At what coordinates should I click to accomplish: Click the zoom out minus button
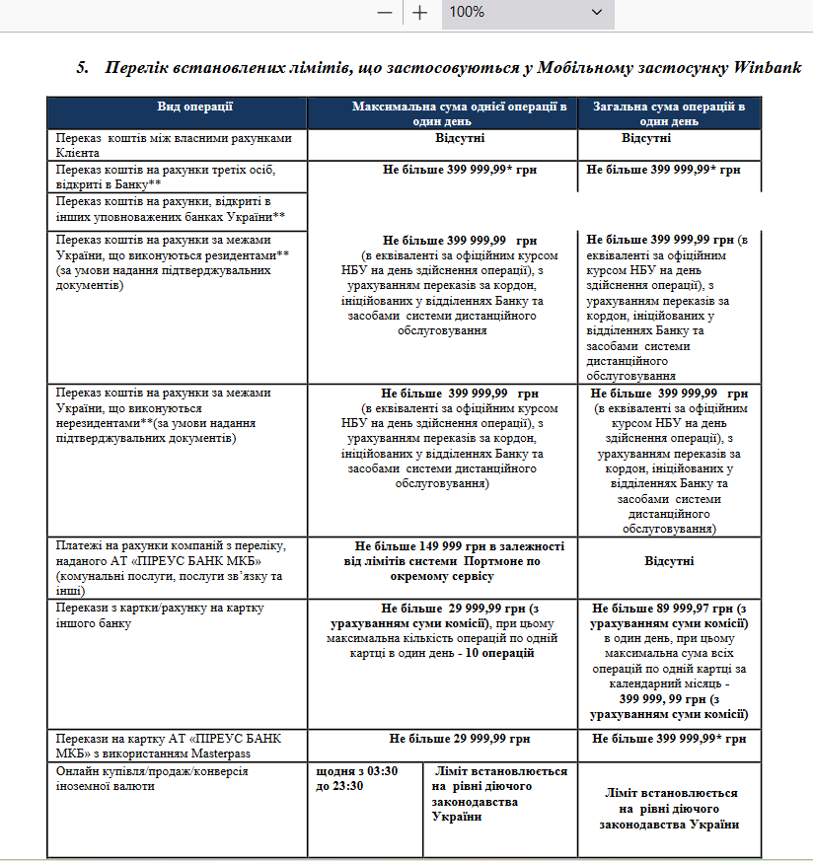(385, 12)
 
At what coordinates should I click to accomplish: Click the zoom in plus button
(420, 12)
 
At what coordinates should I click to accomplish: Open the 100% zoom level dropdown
(595, 12)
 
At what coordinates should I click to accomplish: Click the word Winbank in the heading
(768, 68)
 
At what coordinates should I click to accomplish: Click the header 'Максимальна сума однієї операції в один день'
(460, 112)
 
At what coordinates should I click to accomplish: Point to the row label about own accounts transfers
(174, 145)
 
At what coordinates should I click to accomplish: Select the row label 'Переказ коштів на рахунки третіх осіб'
(165, 177)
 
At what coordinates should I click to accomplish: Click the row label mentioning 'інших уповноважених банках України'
(171, 208)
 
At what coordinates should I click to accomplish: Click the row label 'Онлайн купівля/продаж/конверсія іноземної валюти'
(151, 778)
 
